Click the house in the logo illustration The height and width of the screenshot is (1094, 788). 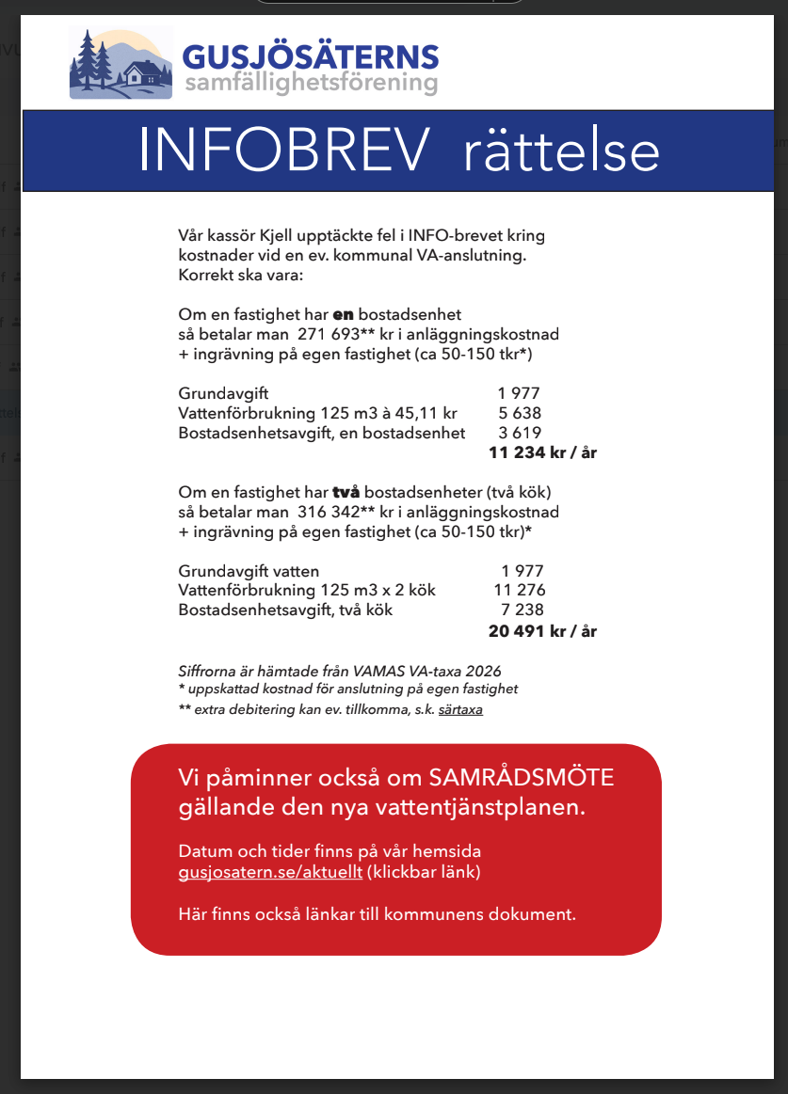point(140,73)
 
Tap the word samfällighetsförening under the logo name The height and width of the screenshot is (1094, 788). point(312,85)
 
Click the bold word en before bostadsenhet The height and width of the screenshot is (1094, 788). point(344,314)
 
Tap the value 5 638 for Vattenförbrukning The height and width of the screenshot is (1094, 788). point(520,413)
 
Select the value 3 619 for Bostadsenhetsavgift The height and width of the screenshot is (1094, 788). point(520,433)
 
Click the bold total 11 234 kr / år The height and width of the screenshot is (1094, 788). point(542,453)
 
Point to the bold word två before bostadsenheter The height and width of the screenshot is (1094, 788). point(346,492)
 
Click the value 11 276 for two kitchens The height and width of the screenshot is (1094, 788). point(520,591)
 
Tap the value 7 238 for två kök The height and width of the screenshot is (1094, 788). point(522,610)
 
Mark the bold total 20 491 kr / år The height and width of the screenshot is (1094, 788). point(542,631)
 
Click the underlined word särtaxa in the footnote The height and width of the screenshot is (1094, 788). point(460,710)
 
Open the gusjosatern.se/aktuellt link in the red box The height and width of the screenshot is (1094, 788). point(270,872)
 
